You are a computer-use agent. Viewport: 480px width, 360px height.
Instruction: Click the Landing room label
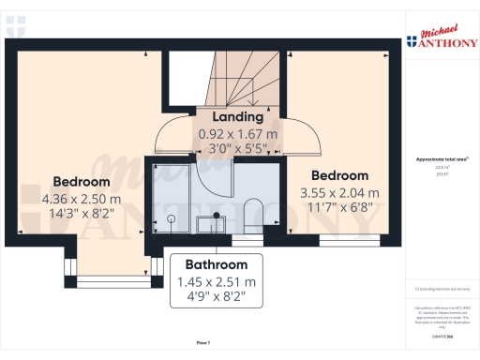click(231, 117)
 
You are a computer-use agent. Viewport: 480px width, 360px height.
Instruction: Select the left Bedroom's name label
click(82, 181)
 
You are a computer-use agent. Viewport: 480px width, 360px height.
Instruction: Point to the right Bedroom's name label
click(339, 175)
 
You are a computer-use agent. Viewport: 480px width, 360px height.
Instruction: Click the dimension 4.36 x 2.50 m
click(82, 199)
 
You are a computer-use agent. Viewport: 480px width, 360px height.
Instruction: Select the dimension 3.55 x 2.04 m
click(339, 192)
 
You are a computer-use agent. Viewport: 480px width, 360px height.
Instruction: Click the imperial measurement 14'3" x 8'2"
click(82, 215)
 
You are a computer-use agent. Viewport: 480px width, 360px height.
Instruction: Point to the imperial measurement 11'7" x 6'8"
click(339, 208)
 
